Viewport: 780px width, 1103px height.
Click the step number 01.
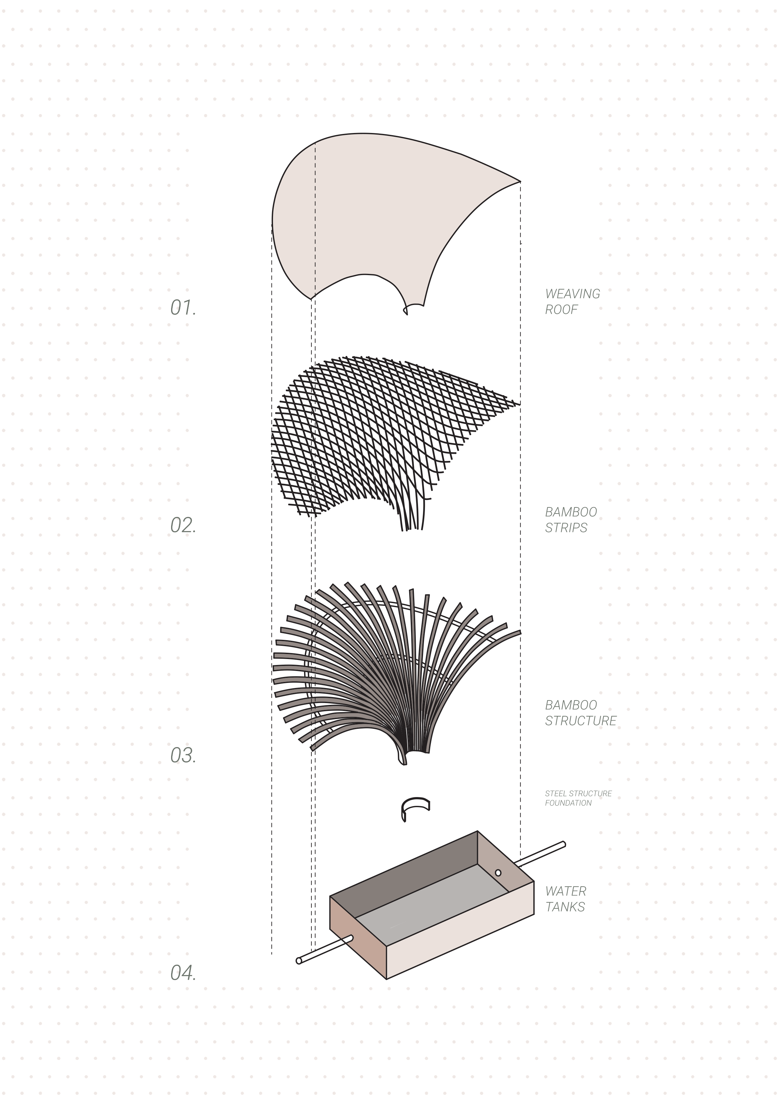click(x=183, y=308)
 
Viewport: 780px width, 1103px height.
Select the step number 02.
click(x=183, y=525)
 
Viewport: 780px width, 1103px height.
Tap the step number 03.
click(x=183, y=755)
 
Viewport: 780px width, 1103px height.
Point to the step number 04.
click(x=183, y=973)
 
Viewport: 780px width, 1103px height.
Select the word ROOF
click(x=561, y=309)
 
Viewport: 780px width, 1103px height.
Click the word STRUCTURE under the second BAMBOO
click(x=581, y=721)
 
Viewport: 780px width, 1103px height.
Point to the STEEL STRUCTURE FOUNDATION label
click(x=578, y=798)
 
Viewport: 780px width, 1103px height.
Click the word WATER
click(x=565, y=891)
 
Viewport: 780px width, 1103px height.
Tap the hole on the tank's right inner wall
click(x=498, y=873)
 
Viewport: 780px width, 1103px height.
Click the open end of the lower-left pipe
click(x=299, y=961)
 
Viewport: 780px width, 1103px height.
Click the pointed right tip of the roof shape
click(x=519, y=182)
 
